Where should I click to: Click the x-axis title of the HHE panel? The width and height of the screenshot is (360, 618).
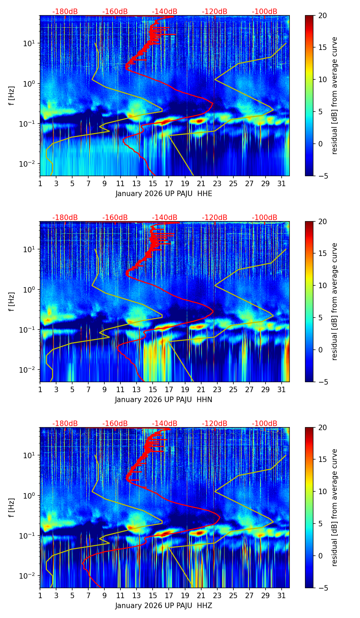(164, 194)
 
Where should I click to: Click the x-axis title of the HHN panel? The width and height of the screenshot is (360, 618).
(164, 400)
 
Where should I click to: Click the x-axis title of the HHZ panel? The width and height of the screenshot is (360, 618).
(164, 606)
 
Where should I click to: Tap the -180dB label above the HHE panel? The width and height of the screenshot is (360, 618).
(65, 12)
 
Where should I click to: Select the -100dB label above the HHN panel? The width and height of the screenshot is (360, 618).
(265, 218)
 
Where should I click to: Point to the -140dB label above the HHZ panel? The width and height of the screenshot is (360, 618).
(165, 424)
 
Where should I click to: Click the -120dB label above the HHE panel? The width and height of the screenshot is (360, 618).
(215, 12)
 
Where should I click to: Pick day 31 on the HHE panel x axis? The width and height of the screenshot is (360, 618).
(282, 184)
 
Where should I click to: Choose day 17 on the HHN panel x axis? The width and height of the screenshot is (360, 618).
(169, 390)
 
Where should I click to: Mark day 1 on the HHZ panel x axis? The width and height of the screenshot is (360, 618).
(40, 596)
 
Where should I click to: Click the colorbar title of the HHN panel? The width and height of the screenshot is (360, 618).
(335, 301)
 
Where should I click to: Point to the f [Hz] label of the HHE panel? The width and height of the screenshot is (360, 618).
(12, 95)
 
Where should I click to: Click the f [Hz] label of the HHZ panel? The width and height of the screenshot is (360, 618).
(12, 507)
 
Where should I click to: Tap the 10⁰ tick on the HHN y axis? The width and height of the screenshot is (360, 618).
(31, 289)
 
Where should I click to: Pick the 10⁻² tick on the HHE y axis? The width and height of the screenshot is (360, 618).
(31, 164)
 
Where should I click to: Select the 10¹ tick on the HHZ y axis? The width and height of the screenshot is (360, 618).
(31, 455)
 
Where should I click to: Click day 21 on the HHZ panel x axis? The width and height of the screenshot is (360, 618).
(201, 596)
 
